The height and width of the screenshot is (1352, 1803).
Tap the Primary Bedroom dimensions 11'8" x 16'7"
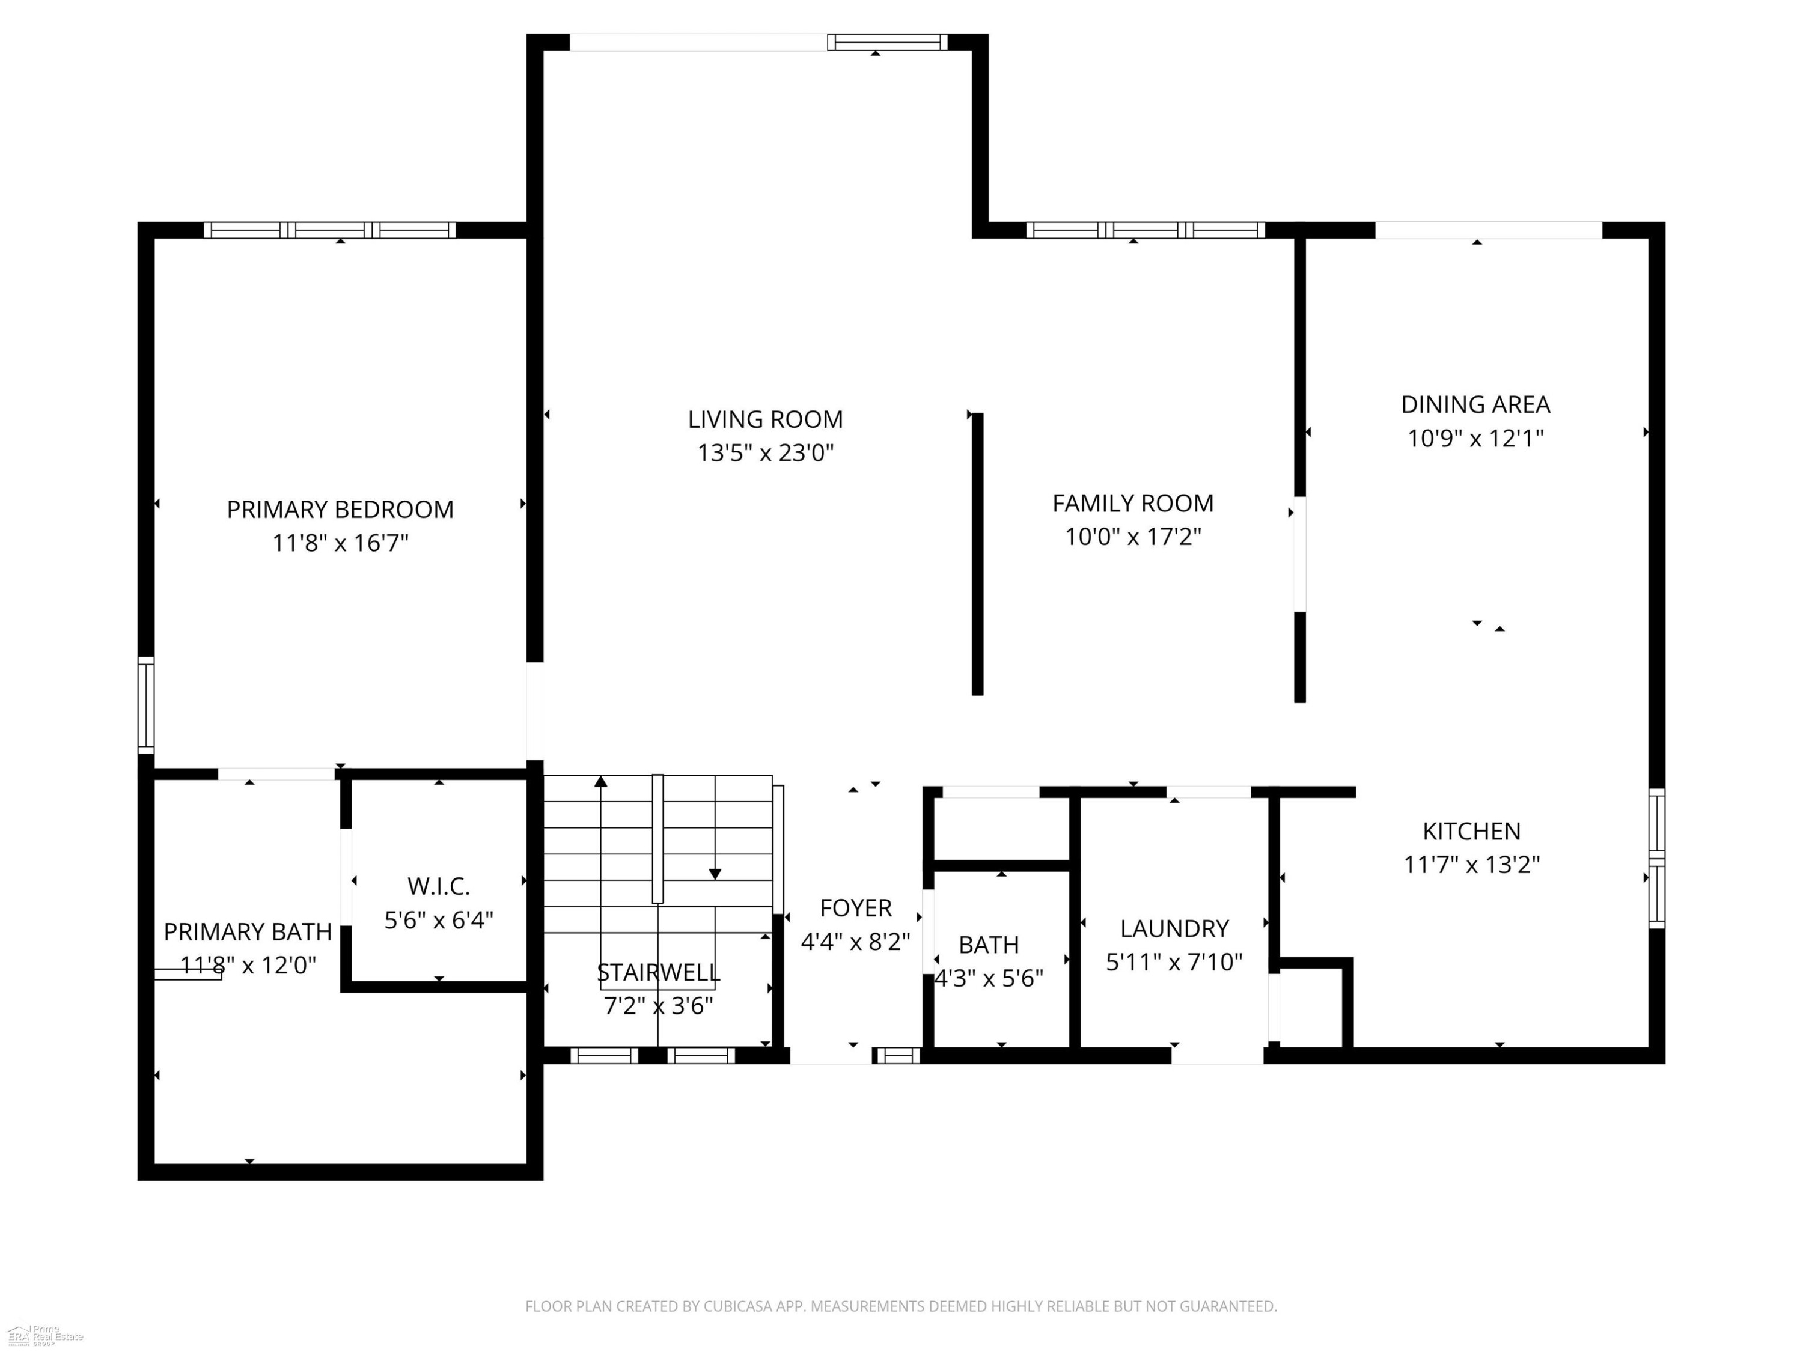point(340,543)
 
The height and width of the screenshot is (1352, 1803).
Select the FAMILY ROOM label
point(1133,504)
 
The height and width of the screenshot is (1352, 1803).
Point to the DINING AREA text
point(1475,404)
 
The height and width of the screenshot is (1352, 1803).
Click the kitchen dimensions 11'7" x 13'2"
point(1471,864)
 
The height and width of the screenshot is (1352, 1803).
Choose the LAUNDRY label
point(1174,928)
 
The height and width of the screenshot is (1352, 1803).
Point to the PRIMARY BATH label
point(248,931)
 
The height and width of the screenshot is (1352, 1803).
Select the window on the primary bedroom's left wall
point(146,706)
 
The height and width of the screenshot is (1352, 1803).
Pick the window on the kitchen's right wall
point(1657,858)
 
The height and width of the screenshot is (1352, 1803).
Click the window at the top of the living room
point(888,43)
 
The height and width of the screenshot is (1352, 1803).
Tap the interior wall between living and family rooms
point(977,554)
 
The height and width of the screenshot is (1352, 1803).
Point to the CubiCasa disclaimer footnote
point(901,1306)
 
